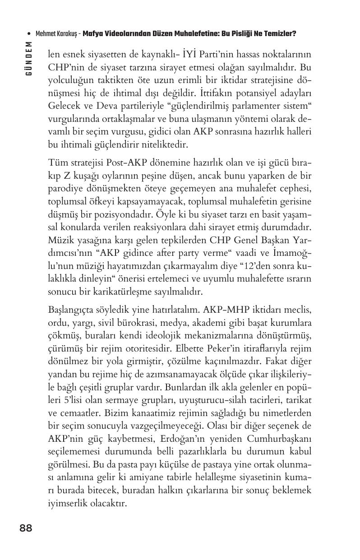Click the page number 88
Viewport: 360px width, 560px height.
pyautogui.click(x=26, y=528)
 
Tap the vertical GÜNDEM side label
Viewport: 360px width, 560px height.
pyautogui.click(x=29, y=58)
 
